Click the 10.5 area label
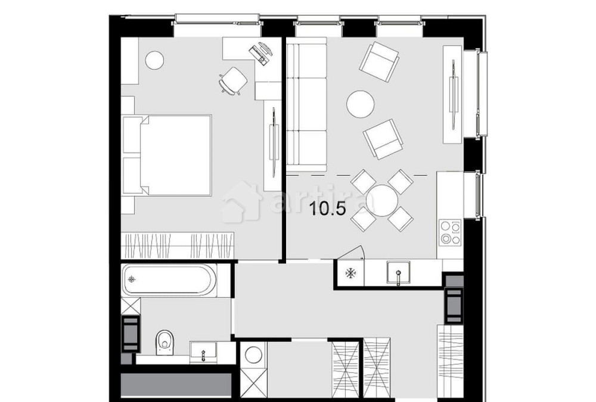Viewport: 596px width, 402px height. coord(327,209)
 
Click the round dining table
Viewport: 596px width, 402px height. coord(382,200)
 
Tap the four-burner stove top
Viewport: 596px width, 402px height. coord(450,233)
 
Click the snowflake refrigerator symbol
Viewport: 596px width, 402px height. coord(351,273)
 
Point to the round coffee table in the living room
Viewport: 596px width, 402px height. coord(361,104)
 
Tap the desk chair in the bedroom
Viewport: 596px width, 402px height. coord(233,80)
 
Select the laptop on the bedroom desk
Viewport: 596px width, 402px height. coord(262,52)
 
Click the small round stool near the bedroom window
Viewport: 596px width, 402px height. coord(155,60)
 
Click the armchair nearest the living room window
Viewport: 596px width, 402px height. coord(379,60)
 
